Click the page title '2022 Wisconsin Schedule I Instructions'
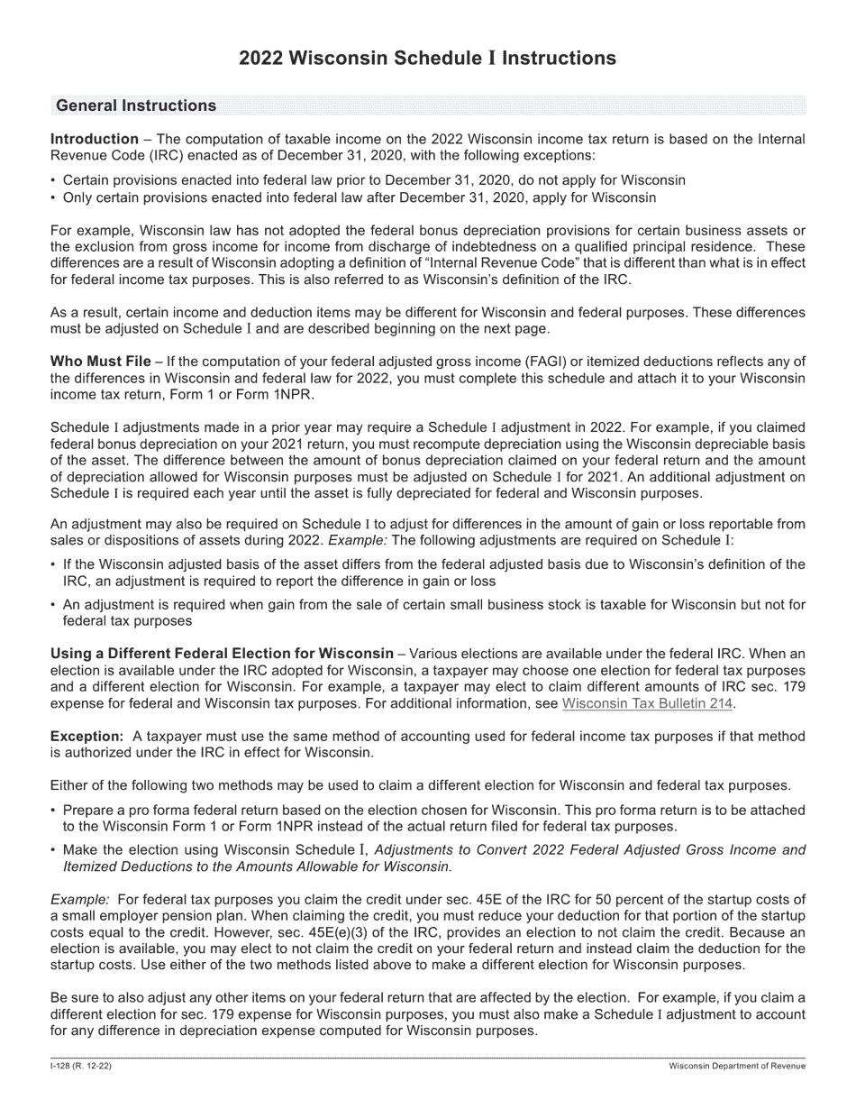tap(427, 59)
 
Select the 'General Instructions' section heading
tap(135, 105)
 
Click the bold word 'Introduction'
tap(95, 140)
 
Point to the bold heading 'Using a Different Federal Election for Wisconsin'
tap(222, 654)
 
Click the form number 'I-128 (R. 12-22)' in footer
tap(81, 1067)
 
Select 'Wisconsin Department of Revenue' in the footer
tap(737, 1067)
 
